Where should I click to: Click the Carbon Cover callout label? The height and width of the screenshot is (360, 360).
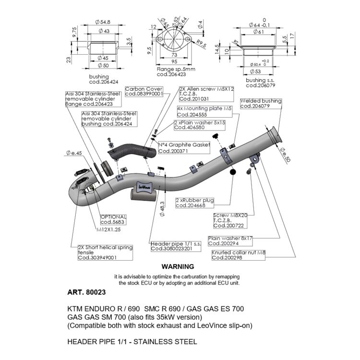point(144,92)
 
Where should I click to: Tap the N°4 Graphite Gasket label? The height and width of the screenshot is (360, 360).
point(182,148)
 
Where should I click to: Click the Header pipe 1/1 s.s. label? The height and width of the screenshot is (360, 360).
point(171,246)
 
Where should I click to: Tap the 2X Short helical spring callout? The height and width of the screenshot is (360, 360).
point(105,253)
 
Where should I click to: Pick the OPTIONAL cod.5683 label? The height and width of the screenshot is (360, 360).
point(113,219)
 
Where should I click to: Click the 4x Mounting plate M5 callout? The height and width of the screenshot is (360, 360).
point(198,112)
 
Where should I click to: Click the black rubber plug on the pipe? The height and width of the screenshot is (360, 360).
point(233,172)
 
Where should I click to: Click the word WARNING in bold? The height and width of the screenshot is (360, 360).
point(177,266)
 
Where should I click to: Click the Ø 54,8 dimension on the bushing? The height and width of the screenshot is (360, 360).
point(103,22)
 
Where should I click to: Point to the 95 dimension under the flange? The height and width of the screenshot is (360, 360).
point(175,62)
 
